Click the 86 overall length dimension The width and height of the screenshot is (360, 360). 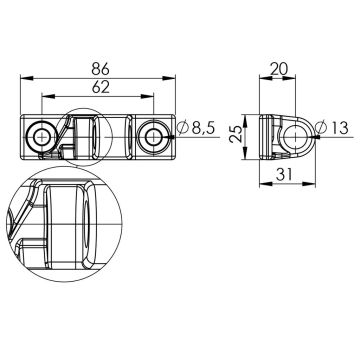[x=100, y=68]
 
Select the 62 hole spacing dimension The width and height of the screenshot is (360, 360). [x=100, y=87]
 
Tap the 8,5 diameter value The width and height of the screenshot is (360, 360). [x=203, y=128]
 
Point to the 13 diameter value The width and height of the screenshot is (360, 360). [x=336, y=128]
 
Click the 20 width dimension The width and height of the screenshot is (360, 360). [x=279, y=69]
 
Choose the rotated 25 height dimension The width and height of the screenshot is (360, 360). [x=236, y=134]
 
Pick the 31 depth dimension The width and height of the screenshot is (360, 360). [x=284, y=174]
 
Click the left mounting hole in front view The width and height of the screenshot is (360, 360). [x=41, y=136]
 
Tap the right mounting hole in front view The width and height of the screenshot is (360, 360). [x=153, y=137]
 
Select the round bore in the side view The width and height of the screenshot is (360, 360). [x=295, y=137]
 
